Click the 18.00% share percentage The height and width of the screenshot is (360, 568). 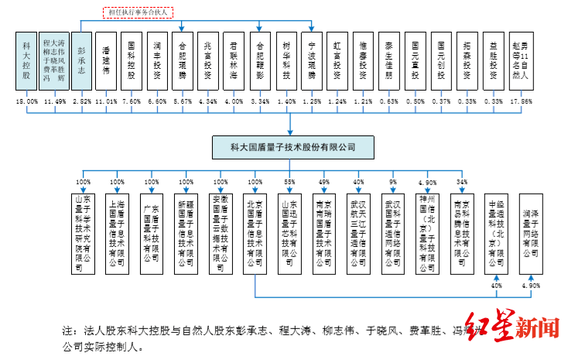(27, 102)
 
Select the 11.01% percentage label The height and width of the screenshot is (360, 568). (108, 102)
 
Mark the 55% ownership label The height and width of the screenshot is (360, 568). (289, 183)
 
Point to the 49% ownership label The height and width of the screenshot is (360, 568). (324, 183)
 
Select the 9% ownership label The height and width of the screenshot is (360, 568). (393, 183)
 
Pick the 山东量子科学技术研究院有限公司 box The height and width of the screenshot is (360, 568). (83, 231)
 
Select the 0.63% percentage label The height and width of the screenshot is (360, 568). (389, 102)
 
